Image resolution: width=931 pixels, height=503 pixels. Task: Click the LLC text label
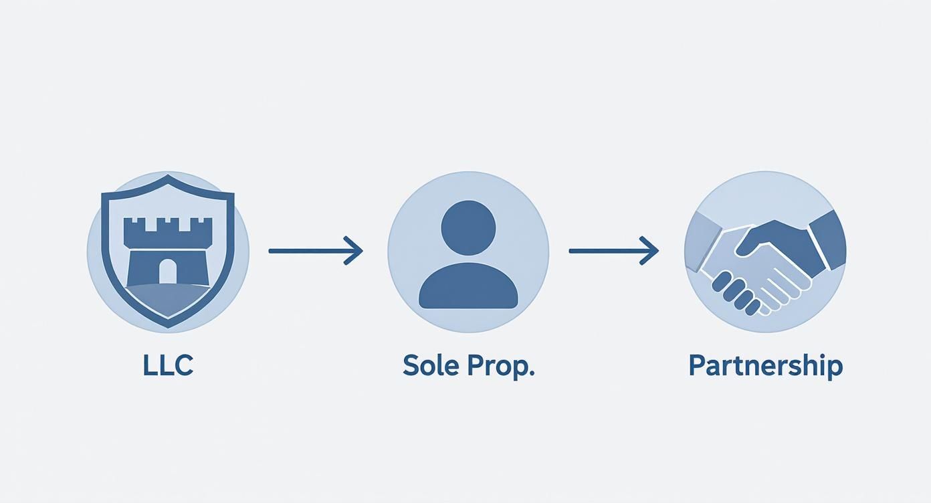(169, 365)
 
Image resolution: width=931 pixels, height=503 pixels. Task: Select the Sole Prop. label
(468, 367)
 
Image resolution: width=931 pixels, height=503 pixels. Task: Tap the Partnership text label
(766, 367)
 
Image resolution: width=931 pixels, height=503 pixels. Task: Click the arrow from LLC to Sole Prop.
(316, 251)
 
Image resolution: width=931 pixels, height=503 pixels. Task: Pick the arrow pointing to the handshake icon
(614, 251)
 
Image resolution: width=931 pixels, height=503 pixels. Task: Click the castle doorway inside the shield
(168, 271)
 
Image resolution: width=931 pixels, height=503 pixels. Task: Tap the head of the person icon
(468, 228)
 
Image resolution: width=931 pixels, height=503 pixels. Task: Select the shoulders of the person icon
(468, 286)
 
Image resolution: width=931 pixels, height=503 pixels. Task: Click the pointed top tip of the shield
(168, 175)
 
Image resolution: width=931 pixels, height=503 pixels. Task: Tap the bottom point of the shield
(168, 326)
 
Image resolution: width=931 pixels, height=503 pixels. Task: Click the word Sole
(430, 365)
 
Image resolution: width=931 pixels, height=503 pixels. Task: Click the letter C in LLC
(183, 365)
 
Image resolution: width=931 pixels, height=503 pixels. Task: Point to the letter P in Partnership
(697, 365)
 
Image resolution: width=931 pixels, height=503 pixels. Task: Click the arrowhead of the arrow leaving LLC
(353, 251)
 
